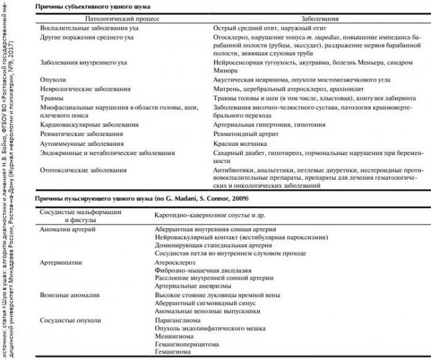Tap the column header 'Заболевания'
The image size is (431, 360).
[x=313, y=20]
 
